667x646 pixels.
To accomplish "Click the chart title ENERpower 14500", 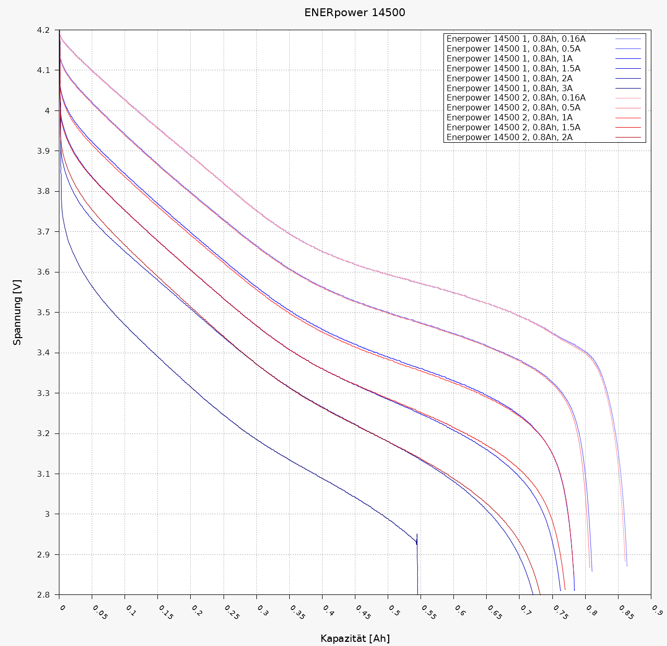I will pyautogui.click(x=354, y=13).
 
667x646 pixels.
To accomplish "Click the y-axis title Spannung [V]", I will pyautogui.click(x=18, y=313).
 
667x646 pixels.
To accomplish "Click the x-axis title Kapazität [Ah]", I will pyautogui.click(x=355, y=639).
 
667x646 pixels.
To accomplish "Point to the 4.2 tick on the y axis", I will pyautogui.click(x=43, y=30).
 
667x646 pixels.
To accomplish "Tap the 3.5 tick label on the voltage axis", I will pyautogui.click(x=43, y=313).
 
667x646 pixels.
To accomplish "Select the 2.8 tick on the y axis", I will pyautogui.click(x=43, y=595).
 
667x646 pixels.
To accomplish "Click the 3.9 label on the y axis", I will pyautogui.click(x=43, y=151).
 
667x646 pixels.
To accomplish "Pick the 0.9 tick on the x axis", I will pyautogui.click(x=657, y=610).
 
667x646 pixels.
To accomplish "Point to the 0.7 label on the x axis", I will pyautogui.click(x=525, y=610).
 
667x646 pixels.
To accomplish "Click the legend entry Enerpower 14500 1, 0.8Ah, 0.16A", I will pyautogui.click(x=516, y=39).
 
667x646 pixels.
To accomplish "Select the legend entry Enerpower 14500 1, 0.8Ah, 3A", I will pyautogui.click(x=509, y=88).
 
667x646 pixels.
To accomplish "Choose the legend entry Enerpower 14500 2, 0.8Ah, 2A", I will pyautogui.click(x=509, y=138).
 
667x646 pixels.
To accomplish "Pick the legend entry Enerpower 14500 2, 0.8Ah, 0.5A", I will pyautogui.click(x=513, y=108).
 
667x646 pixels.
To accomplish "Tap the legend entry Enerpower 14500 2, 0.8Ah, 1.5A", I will pyautogui.click(x=513, y=128).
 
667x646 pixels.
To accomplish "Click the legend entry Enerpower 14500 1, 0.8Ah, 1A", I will pyautogui.click(x=509, y=59).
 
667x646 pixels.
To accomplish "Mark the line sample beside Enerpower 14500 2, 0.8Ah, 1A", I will pyautogui.click(x=628, y=118).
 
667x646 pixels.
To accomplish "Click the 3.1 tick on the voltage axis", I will pyautogui.click(x=43, y=474).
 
